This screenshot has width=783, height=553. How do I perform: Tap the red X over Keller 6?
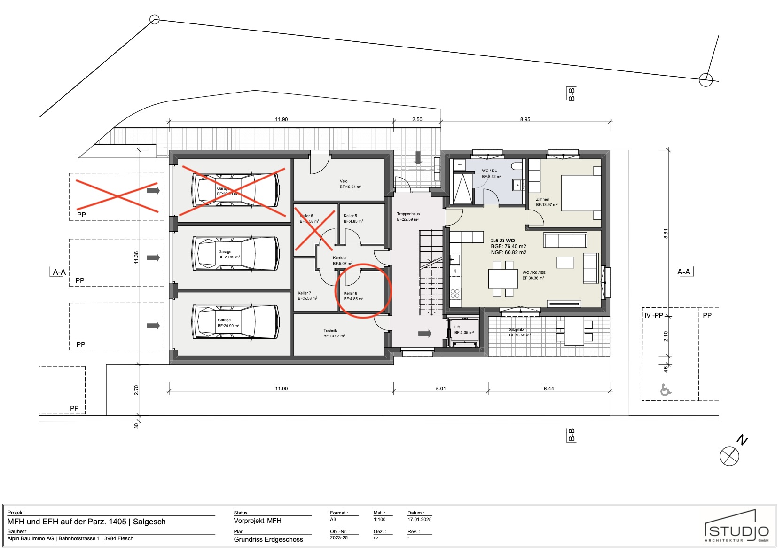(314, 230)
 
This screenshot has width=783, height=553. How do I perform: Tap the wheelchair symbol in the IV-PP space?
(666, 389)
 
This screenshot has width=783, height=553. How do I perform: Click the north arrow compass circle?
(729, 456)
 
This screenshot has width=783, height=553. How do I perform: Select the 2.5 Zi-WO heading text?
(502, 241)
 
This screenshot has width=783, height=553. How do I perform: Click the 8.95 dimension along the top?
(525, 119)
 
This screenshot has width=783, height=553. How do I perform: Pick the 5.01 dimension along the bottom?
(440, 389)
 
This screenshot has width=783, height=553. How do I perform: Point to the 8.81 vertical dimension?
(666, 234)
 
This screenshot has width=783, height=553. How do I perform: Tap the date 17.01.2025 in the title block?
(419, 519)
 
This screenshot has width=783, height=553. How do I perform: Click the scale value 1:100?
(379, 519)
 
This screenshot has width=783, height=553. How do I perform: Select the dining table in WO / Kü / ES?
(502, 279)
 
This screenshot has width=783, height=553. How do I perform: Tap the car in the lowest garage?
(235, 322)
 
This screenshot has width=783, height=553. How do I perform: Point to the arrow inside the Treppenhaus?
(425, 334)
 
